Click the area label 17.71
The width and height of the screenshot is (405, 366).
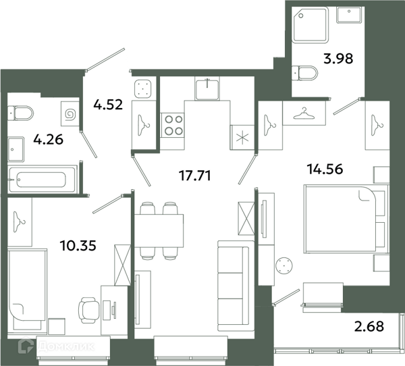tap(195, 176)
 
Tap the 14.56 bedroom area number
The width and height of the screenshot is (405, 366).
tap(325, 169)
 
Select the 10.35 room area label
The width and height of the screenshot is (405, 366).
tap(78, 245)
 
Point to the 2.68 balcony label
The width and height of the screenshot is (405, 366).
tap(369, 326)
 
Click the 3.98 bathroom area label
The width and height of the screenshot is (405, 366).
tap(338, 59)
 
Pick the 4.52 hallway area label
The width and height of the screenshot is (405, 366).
tap(108, 105)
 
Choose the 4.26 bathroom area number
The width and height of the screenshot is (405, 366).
tap(49, 140)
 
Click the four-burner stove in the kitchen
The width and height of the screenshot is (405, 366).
tap(173, 126)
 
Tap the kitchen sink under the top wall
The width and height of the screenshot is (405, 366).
tap(207, 88)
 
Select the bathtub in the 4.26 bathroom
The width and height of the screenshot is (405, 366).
tap(43, 180)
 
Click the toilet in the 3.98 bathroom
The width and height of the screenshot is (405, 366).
tap(304, 73)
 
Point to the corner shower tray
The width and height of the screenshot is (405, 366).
tap(310, 24)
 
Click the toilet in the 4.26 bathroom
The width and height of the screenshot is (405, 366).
tap(21, 113)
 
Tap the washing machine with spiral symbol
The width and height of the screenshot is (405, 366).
tap(70, 114)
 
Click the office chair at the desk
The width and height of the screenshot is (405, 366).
tap(88, 310)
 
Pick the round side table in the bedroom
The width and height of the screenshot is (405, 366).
tap(284, 265)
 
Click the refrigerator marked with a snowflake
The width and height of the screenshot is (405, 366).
tap(242, 137)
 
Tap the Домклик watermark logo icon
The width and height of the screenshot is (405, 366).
tap(26, 346)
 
